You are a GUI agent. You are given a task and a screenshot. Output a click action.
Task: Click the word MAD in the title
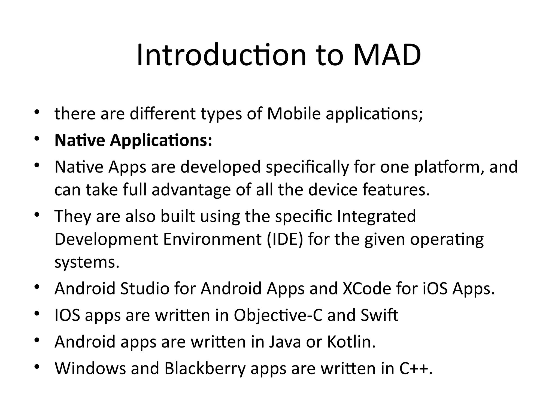pos(387,56)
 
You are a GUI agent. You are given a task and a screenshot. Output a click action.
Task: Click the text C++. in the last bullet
pos(416,368)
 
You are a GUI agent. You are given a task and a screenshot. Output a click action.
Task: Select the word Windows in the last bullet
pos(90,368)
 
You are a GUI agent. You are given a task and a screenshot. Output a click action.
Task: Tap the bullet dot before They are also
pos(37,215)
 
